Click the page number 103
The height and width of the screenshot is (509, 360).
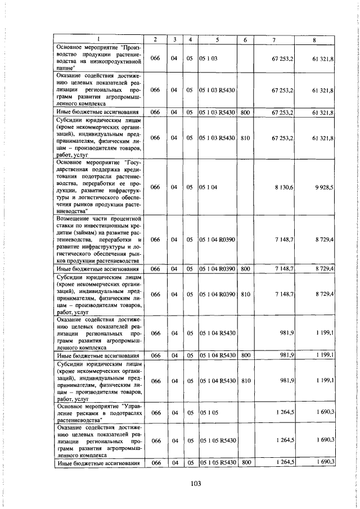tap(179, 483)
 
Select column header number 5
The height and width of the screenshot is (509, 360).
tap(216, 39)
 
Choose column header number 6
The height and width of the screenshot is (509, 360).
tap(245, 39)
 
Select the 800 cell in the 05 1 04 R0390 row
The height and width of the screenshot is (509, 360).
tap(245, 269)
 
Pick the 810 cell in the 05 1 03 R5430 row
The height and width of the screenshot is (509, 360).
tap(245, 137)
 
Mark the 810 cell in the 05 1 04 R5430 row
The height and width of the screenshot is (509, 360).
tap(245, 381)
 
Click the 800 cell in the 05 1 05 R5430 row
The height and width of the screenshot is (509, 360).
tap(245, 462)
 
